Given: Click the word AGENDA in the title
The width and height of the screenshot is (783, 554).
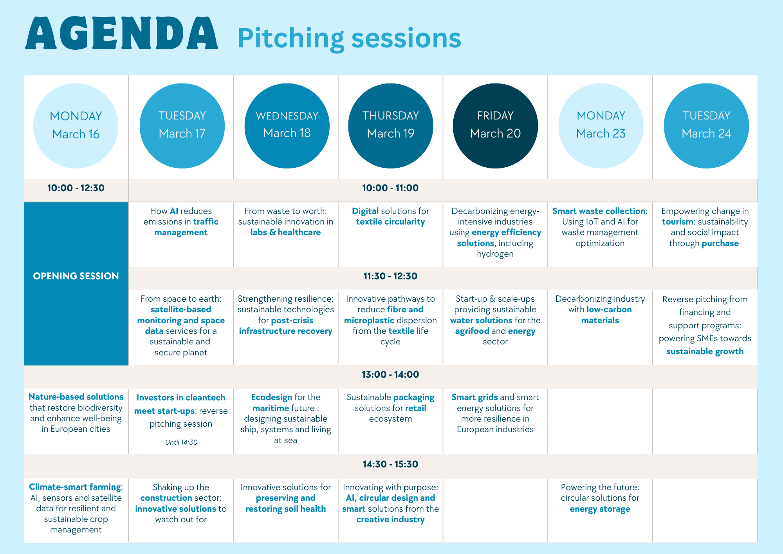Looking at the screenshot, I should [121, 34].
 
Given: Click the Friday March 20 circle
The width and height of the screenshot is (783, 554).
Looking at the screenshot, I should [495, 126].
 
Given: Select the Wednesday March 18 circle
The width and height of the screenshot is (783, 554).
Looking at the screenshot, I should [287, 126].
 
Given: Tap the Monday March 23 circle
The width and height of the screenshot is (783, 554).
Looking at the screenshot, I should [601, 126].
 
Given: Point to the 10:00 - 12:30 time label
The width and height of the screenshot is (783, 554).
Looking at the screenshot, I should [76, 188].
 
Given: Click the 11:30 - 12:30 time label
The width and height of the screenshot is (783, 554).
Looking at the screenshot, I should [390, 276].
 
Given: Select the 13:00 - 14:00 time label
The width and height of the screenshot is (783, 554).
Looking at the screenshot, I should [390, 375].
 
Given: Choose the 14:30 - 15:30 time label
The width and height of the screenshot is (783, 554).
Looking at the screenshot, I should [390, 464].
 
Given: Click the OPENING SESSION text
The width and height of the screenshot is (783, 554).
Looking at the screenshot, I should [76, 276].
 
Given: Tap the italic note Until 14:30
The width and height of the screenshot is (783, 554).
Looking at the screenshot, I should [181, 442].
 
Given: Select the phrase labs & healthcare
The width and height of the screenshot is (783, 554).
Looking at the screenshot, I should [285, 232].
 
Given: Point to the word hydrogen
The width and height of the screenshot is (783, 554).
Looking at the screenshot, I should [495, 254].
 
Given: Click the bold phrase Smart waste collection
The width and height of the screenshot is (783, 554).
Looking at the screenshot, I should [599, 211].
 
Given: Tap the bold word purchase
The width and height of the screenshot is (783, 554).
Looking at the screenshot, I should [720, 243].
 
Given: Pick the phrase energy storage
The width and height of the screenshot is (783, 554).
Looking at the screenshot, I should [600, 509].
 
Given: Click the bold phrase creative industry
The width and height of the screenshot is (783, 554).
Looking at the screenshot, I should [390, 520].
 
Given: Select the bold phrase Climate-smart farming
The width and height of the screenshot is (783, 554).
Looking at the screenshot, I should [75, 487].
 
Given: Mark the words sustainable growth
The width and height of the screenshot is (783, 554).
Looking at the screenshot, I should [705, 351].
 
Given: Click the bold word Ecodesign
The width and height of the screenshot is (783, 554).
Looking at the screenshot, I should [271, 397].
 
